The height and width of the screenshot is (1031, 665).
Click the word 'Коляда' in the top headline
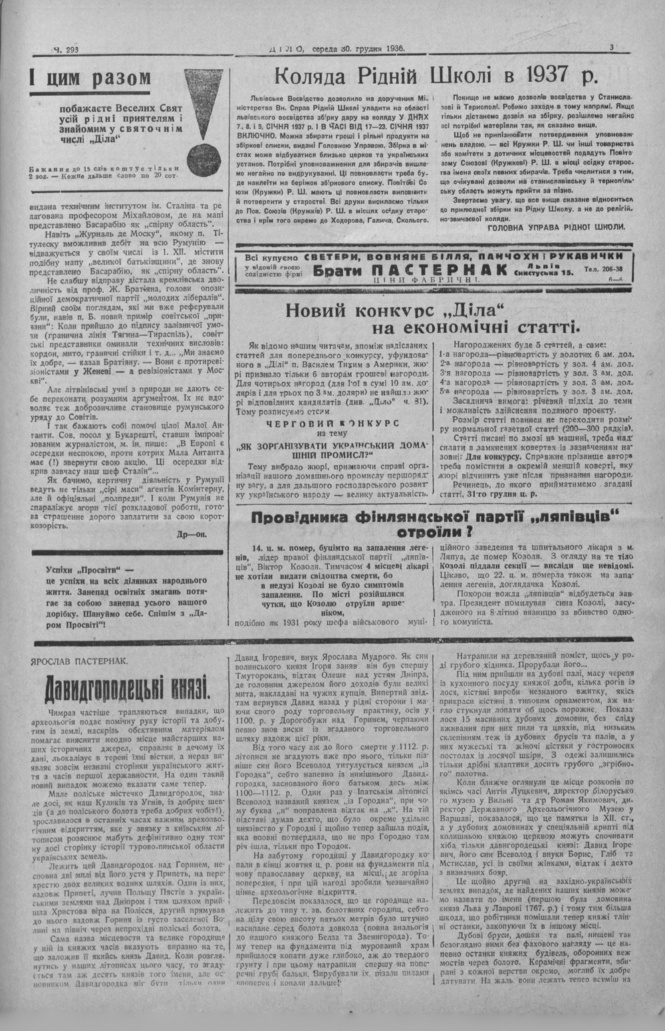click(313, 74)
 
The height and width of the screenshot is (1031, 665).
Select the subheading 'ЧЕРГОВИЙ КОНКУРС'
click(332, 422)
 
